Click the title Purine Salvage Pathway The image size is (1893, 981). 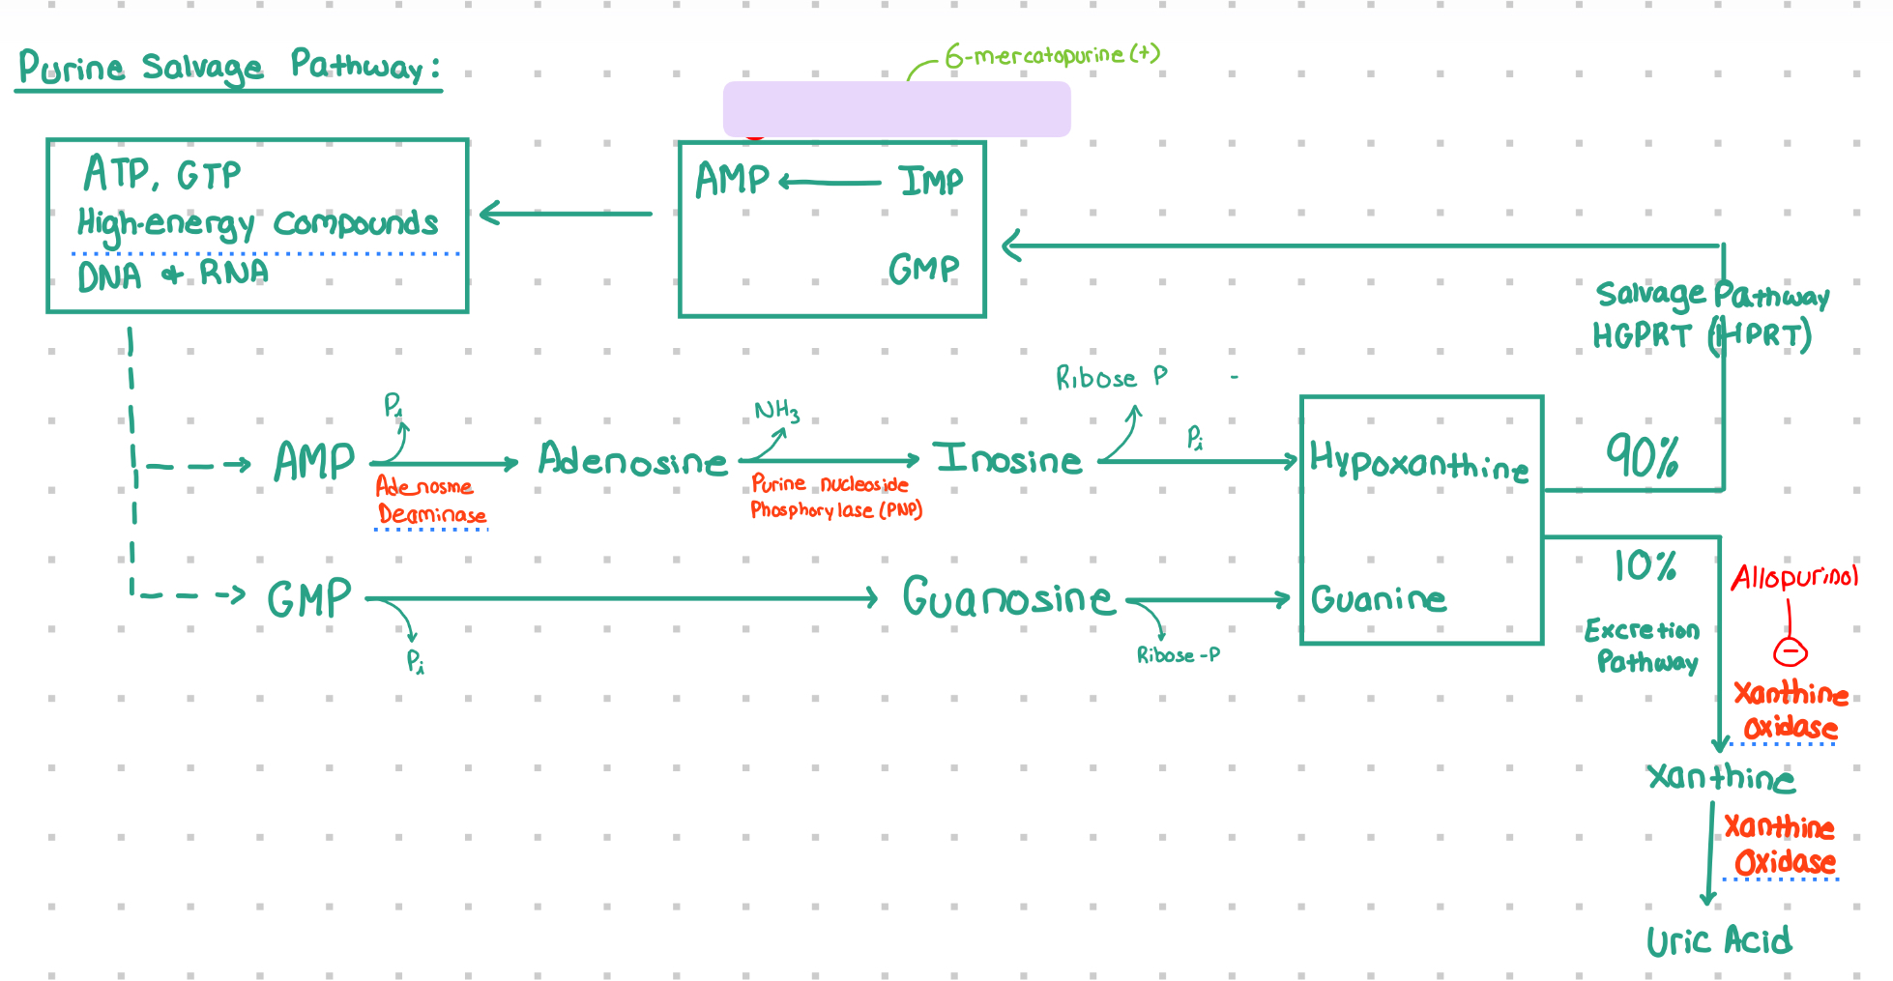click(x=229, y=68)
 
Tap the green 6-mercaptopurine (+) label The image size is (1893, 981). click(x=1052, y=55)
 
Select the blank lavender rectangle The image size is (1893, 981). click(x=896, y=109)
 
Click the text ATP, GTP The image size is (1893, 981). click(x=161, y=175)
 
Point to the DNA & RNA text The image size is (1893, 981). click(x=172, y=275)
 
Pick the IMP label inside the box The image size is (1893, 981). click(x=930, y=181)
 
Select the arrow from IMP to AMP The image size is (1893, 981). click(x=830, y=182)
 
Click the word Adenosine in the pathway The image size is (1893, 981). click(x=632, y=460)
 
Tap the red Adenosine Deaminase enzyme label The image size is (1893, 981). click(x=429, y=501)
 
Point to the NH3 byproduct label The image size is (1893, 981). click(x=776, y=412)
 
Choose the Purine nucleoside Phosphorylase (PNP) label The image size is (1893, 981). click(x=835, y=497)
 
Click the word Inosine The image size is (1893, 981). click(x=1007, y=459)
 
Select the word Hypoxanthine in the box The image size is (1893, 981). click(x=1418, y=462)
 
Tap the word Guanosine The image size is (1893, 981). click(x=1007, y=598)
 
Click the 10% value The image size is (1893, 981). click(x=1644, y=565)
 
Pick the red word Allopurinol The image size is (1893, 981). click(x=1794, y=577)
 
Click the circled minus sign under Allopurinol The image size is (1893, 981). click(x=1790, y=652)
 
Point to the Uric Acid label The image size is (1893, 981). click(x=1718, y=940)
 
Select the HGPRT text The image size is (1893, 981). click(x=1642, y=336)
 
